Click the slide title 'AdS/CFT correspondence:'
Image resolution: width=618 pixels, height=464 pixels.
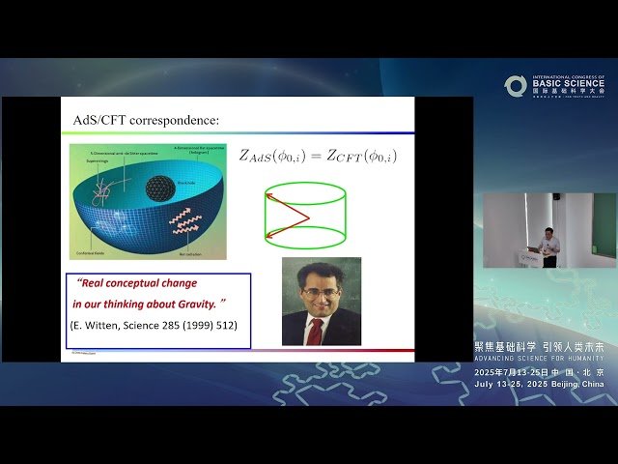coord(146,120)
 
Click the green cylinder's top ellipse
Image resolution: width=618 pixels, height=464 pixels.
coord(305,194)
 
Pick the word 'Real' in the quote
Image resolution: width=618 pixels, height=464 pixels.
coord(91,283)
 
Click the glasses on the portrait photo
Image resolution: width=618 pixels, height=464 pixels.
coord(321,291)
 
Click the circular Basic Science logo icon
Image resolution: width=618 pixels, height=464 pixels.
coord(515,86)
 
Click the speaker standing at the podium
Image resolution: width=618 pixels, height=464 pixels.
coord(549,245)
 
